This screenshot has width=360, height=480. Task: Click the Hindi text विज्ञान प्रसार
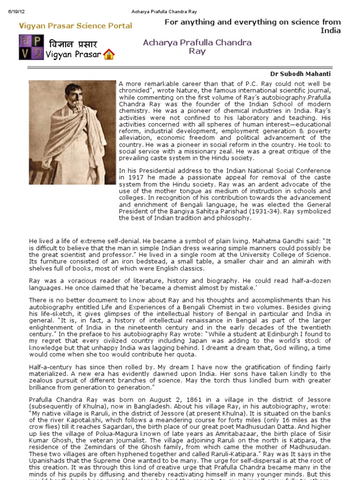tap(74, 45)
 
